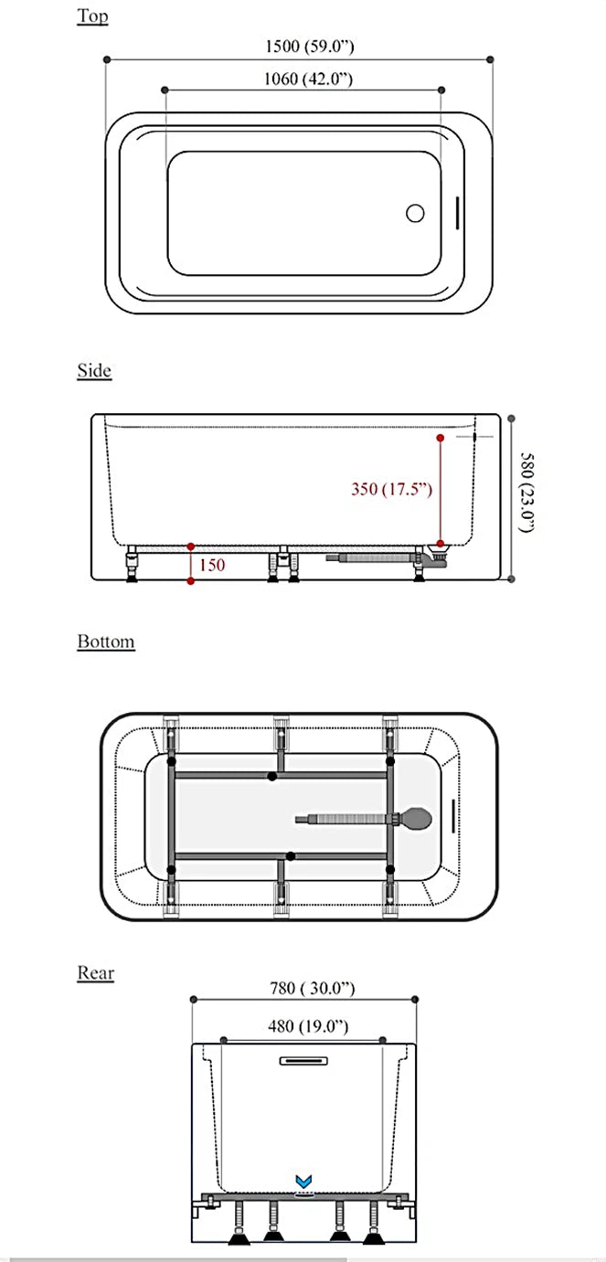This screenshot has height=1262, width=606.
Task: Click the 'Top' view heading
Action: (92, 16)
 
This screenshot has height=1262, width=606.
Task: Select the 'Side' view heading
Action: (94, 370)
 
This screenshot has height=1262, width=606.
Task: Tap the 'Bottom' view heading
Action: (106, 642)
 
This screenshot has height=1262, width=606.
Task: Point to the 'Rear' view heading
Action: (96, 972)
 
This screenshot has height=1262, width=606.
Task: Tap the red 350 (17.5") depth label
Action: (391, 489)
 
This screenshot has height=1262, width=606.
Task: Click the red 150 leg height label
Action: (211, 565)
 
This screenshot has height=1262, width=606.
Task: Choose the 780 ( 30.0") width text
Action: (312, 988)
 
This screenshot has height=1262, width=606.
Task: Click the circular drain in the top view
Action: (415, 213)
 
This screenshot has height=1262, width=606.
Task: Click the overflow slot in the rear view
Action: (302, 1061)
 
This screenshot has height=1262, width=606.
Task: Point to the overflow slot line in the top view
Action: (457, 213)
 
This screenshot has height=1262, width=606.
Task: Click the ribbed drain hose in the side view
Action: (375, 555)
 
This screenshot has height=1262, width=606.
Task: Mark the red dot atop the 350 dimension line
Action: (440, 439)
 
